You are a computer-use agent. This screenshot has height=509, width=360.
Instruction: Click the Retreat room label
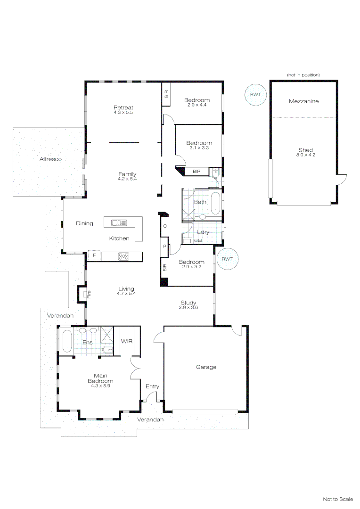coord(123,107)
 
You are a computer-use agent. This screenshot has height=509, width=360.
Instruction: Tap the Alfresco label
coord(50,159)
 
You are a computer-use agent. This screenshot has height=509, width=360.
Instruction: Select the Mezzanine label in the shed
coord(303,101)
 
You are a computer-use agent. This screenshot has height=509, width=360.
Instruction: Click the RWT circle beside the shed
coord(255,95)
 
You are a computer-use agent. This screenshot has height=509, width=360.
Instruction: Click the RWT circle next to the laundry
coord(227,259)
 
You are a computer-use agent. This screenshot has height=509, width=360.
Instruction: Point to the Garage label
coord(206,367)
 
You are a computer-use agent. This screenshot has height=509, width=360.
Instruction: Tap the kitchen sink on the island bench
coord(119,222)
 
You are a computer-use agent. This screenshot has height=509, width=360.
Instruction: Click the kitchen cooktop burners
coord(124,256)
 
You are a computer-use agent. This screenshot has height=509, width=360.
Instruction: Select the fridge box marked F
coord(94,255)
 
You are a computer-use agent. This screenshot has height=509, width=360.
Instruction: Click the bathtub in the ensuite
coord(65,342)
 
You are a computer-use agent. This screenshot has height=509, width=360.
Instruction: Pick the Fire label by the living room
coord(88,295)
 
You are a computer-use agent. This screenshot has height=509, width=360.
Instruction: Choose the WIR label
coord(126,341)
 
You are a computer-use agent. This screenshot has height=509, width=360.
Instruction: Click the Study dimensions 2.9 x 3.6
coord(188,307)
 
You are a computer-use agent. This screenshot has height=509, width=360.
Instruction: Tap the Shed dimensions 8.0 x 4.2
coord(305,155)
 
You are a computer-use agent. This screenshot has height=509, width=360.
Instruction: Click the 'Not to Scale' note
coord(337,499)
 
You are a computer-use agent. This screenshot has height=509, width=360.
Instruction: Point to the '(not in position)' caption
coord(303,75)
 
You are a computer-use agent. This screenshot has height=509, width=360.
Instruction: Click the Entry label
coord(152,386)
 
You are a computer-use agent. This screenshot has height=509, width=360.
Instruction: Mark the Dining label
coord(84,223)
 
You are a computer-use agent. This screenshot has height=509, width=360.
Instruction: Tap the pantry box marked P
coord(164,246)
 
